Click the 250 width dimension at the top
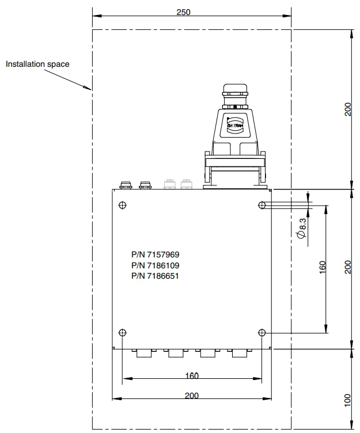point(183,12)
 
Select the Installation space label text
point(37,64)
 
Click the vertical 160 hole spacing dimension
point(323,268)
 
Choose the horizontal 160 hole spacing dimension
point(192,376)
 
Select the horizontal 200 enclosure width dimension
point(192,395)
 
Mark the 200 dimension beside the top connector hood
point(347,109)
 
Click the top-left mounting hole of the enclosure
point(122,206)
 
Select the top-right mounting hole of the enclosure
point(262,205)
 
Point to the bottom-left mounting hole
point(122,333)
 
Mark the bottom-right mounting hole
point(262,333)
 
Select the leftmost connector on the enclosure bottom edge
point(144,353)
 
